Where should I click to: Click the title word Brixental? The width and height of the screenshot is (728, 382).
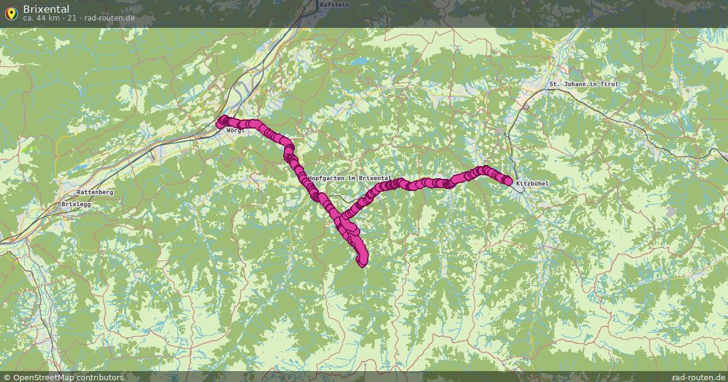(46, 9)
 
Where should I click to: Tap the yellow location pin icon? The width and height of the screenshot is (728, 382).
(10, 13)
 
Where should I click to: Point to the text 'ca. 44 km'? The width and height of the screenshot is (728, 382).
(41, 18)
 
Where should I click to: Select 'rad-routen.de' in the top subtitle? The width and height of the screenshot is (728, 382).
(109, 18)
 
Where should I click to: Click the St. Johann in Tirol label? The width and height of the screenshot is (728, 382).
(584, 84)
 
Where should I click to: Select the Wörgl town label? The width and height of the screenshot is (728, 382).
(235, 130)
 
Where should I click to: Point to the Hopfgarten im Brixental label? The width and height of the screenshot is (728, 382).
(349, 178)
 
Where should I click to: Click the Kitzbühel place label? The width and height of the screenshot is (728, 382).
(532, 183)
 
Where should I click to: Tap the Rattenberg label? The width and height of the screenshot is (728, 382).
(95, 192)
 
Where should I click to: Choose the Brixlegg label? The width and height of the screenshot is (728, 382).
(75, 204)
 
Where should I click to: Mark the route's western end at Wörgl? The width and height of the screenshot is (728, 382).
(221, 123)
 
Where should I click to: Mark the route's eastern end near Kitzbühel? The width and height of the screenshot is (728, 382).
(508, 181)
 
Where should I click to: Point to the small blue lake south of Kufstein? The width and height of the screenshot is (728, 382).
(362, 61)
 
